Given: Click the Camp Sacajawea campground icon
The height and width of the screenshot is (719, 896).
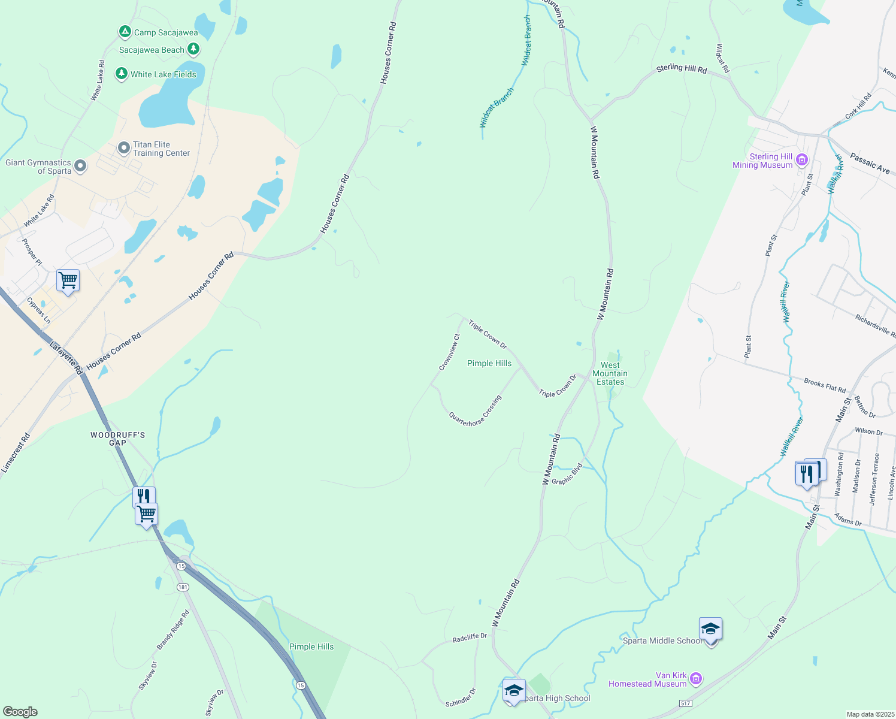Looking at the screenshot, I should click(125, 32).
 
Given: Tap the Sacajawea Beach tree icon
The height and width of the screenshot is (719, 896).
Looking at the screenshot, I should click(193, 49).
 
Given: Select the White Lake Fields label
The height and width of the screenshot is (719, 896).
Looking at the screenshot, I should click(163, 74).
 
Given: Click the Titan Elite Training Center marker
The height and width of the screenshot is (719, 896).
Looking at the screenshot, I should click(124, 147).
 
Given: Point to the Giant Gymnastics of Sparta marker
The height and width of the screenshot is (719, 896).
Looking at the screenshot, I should click(80, 166).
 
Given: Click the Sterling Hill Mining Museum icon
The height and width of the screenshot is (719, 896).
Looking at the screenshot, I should click(802, 160).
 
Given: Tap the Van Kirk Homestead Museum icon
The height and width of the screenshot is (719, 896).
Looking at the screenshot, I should click(695, 679).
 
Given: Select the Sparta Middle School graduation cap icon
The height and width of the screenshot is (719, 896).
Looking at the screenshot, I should click(710, 629).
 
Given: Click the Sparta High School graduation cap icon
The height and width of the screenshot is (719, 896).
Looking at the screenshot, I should click(514, 690).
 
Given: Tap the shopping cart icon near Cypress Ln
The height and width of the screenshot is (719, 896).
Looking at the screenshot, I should click(68, 280).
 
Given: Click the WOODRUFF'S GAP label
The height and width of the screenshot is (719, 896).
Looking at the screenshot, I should click(117, 439).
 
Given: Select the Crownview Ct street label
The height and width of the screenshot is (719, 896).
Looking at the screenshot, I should click(449, 352).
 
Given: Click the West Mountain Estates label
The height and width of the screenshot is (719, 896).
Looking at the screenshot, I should click(610, 373).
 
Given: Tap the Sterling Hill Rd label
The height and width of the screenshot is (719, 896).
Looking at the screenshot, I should click(681, 69).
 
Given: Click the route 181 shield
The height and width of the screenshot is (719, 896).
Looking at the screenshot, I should click(183, 587).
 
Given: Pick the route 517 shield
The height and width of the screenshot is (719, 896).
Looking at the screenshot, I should click(686, 702).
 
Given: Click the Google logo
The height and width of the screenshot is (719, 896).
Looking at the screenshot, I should click(20, 711).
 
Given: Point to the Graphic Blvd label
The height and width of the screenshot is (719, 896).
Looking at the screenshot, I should click(567, 474).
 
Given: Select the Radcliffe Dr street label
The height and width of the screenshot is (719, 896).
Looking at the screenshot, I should click(470, 638).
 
